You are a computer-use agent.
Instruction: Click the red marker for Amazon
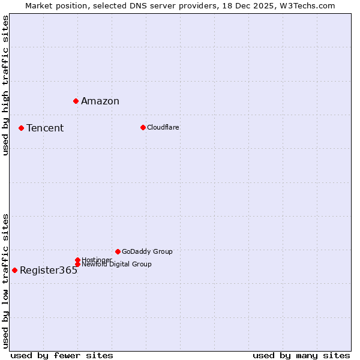76,101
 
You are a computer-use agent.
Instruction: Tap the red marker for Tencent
21,128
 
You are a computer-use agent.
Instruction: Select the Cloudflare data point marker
143,127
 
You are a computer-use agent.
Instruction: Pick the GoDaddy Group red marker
118,251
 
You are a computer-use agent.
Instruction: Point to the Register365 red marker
14,270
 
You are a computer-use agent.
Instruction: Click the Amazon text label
100,101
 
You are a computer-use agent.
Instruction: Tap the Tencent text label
45,128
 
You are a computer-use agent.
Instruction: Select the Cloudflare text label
163,127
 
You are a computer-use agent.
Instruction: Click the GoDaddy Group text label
147,251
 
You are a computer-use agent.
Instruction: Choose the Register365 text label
49,270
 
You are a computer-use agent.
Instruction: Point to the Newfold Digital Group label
116,264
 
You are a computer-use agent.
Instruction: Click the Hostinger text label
97,260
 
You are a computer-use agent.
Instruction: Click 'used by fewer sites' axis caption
62,355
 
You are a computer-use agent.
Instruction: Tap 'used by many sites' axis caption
301,355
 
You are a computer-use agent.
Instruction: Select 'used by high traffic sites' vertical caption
5,85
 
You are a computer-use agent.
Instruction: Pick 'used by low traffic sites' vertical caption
5,281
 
